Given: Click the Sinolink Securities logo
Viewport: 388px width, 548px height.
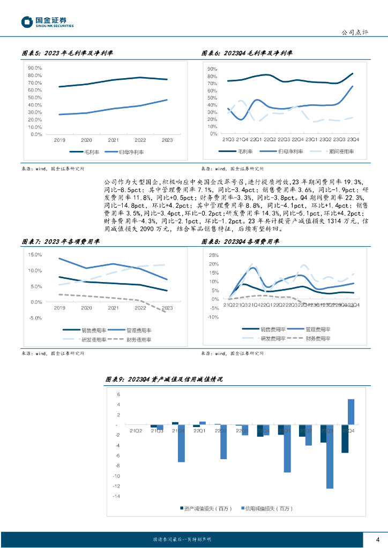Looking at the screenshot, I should click(x=47, y=22).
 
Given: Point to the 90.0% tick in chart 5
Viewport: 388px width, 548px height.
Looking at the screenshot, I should click(x=34, y=68).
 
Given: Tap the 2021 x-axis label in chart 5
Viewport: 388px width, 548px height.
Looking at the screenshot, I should click(x=114, y=140).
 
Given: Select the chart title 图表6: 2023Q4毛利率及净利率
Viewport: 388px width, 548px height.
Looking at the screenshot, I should click(x=248, y=54).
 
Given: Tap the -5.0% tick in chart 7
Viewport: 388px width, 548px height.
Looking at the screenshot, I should click(x=35, y=318).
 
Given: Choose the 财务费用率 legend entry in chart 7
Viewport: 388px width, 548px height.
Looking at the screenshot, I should click(x=138, y=339).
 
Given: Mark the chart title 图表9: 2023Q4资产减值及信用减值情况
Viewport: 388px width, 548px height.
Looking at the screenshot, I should click(x=164, y=379).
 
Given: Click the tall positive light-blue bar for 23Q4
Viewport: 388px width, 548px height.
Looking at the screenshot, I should click(x=351, y=412).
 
